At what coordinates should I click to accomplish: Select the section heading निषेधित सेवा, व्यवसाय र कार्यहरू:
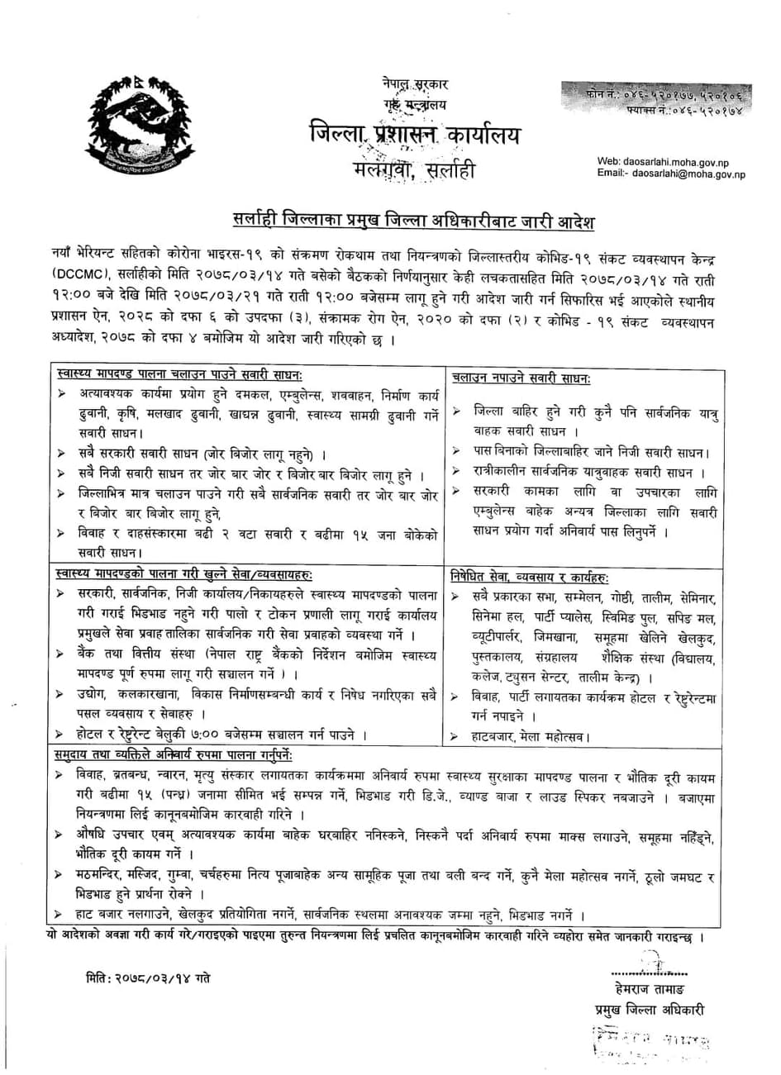click(x=530, y=574)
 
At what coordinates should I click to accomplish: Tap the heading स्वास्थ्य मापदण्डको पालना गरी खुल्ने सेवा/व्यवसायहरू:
click(x=183, y=574)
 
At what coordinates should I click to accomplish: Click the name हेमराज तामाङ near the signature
click(x=649, y=989)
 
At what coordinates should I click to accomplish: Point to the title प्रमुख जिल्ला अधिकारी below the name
click(x=650, y=1010)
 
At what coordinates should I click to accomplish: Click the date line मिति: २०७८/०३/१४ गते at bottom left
click(x=147, y=978)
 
